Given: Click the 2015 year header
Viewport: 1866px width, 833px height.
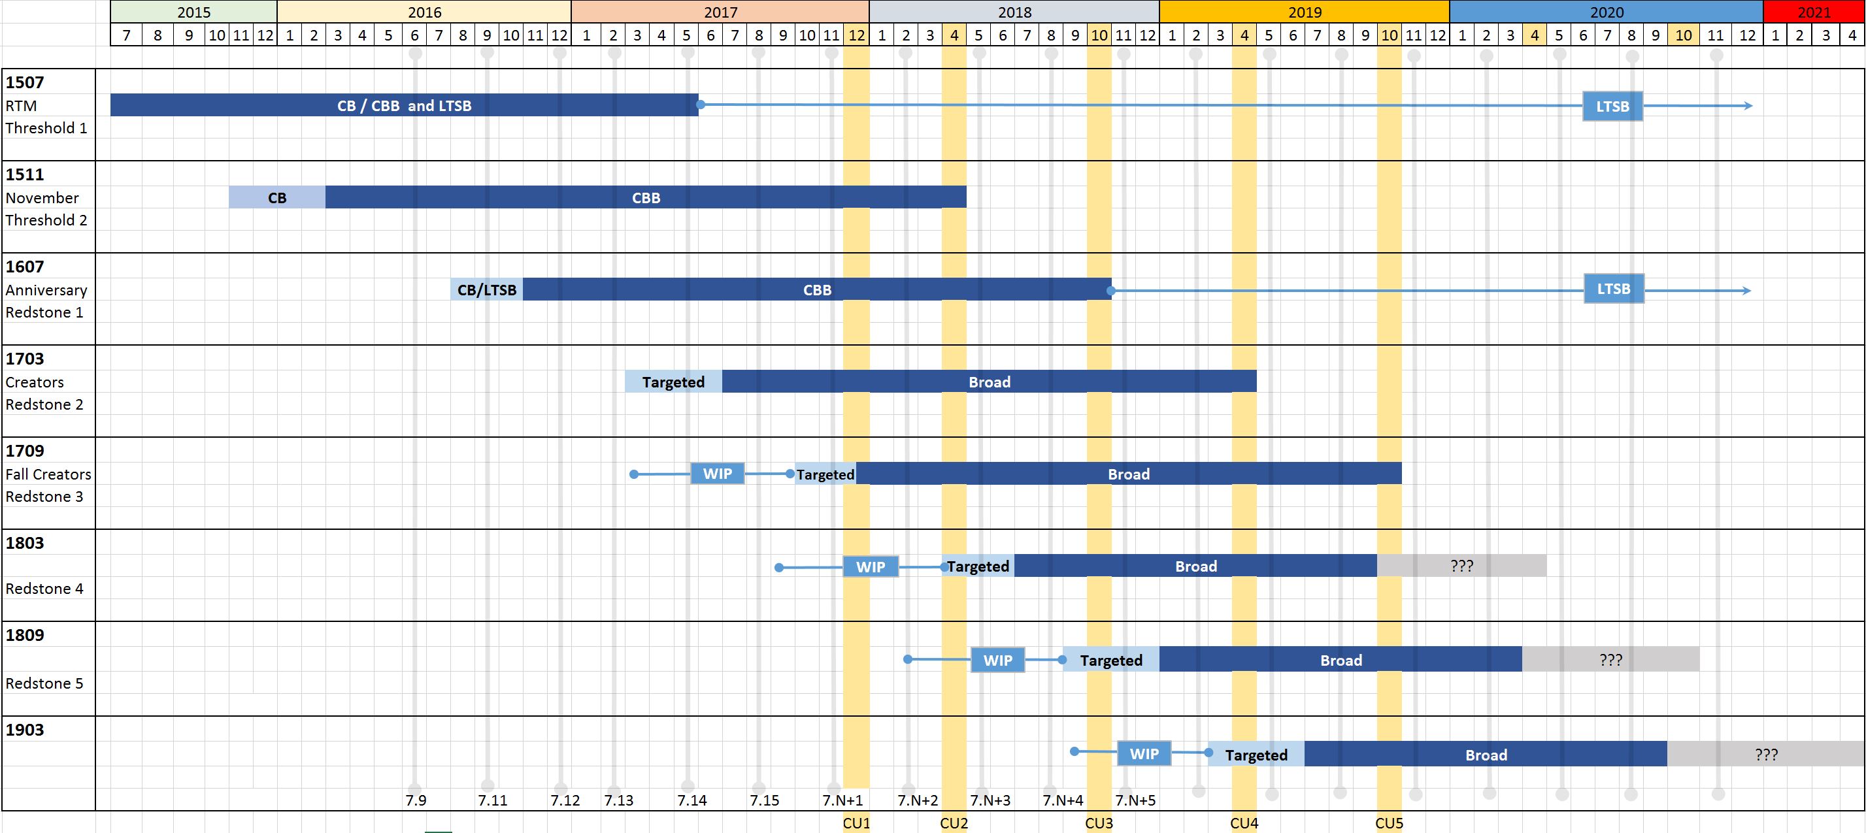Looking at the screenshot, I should pos(193,12).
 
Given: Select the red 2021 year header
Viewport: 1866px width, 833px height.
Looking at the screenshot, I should pos(1813,12).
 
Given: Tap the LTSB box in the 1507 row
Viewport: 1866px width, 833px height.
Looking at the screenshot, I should pos(1612,106).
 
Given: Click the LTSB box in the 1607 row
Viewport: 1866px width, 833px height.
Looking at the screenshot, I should pos(1613,289).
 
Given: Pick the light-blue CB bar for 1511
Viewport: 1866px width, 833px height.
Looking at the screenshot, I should pos(276,198).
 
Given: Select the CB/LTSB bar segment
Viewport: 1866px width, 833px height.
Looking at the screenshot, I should pos(486,289).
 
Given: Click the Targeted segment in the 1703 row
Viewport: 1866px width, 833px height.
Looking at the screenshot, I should pos(673,382).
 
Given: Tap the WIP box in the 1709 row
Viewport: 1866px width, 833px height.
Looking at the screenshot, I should pos(717,474).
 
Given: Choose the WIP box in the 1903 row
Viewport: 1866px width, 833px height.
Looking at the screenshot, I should pos(1144,753).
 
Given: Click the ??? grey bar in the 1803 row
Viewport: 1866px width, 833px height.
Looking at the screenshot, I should pos(1461,566).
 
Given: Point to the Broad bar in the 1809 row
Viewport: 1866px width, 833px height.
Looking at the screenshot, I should pos(1340,660).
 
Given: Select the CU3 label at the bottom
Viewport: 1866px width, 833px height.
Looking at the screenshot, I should pos(1098,823).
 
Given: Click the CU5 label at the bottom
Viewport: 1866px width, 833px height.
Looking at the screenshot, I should pos(1389,823).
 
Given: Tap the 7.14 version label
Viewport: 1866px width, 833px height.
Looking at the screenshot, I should pos(691,800).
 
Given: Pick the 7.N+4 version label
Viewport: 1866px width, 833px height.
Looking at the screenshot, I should pos(1063,800).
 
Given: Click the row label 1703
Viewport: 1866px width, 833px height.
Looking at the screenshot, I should pos(25,359).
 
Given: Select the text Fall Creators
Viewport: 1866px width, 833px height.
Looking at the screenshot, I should pos(48,474).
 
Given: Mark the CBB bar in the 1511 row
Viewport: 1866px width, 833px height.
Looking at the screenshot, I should pos(646,198).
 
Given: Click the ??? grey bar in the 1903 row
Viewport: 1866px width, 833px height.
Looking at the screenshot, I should pos(1765,754).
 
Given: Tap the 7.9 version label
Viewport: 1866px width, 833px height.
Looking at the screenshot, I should pos(416,800).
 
